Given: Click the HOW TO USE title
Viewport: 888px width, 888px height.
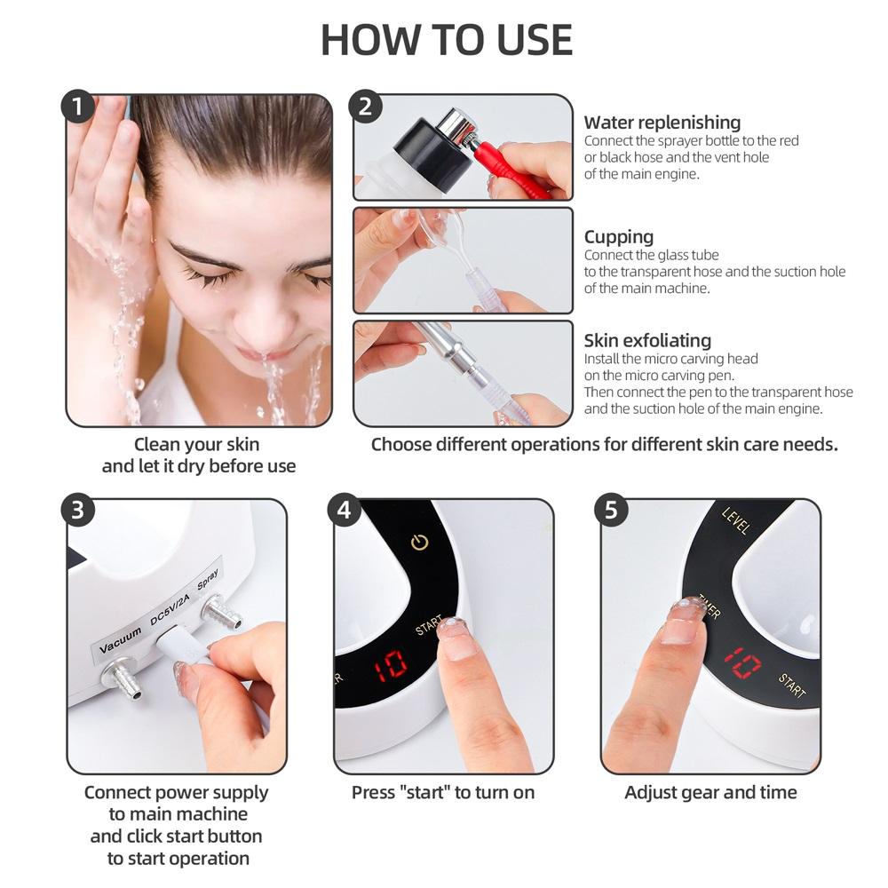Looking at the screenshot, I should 447,40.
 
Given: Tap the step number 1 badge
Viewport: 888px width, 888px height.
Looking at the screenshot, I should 78,107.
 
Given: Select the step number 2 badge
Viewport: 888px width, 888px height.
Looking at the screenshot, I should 365,107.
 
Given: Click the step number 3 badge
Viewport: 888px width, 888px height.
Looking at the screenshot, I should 78,511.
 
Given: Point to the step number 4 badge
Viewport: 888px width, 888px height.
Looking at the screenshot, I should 345,511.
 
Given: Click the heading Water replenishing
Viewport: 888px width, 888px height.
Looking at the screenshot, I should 662,123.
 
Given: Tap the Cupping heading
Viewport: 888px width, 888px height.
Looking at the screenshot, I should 618,236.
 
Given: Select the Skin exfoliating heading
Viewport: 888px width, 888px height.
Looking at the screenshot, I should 647,340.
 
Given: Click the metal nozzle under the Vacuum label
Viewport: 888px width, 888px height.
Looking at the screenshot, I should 122,680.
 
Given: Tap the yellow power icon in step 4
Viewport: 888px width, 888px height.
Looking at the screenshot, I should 419,542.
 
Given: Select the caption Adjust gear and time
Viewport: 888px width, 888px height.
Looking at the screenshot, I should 710,792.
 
